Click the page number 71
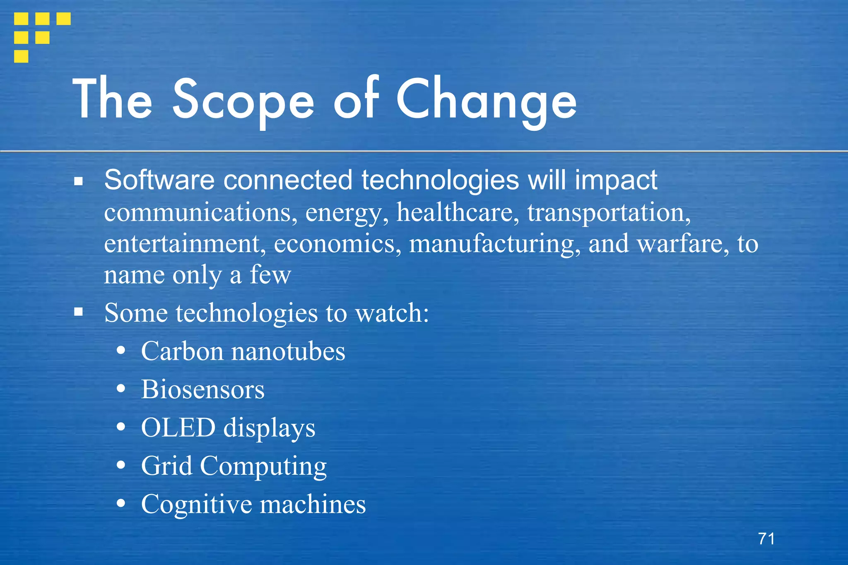click(x=766, y=539)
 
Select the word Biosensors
click(x=202, y=389)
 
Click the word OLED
click(x=178, y=428)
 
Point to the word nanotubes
click(x=288, y=351)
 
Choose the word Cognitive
click(x=196, y=504)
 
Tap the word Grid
click(x=166, y=466)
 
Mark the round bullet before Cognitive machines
click(x=121, y=504)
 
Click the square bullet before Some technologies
click(x=79, y=312)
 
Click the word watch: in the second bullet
click(x=393, y=313)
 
